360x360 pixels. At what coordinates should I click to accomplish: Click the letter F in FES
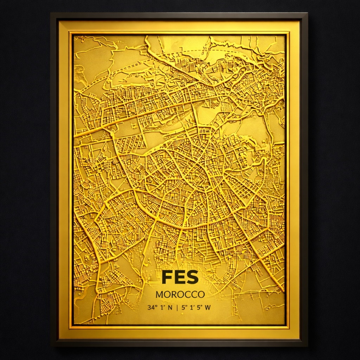point(167,277)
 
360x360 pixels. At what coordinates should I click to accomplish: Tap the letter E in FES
point(180,277)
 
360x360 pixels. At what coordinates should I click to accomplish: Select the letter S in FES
point(192,277)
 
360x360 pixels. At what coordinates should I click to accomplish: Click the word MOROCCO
point(180,295)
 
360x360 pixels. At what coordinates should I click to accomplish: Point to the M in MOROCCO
point(159,295)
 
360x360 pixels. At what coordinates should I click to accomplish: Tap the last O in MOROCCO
point(201,295)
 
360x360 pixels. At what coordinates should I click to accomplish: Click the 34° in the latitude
point(152,308)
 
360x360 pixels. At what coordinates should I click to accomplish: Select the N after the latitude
point(170,308)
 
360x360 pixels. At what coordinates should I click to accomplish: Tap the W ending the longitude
point(208,308)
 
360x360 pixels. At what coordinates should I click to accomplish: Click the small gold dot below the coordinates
point(182,314)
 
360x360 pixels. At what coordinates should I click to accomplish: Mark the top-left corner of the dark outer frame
point(51,13)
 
